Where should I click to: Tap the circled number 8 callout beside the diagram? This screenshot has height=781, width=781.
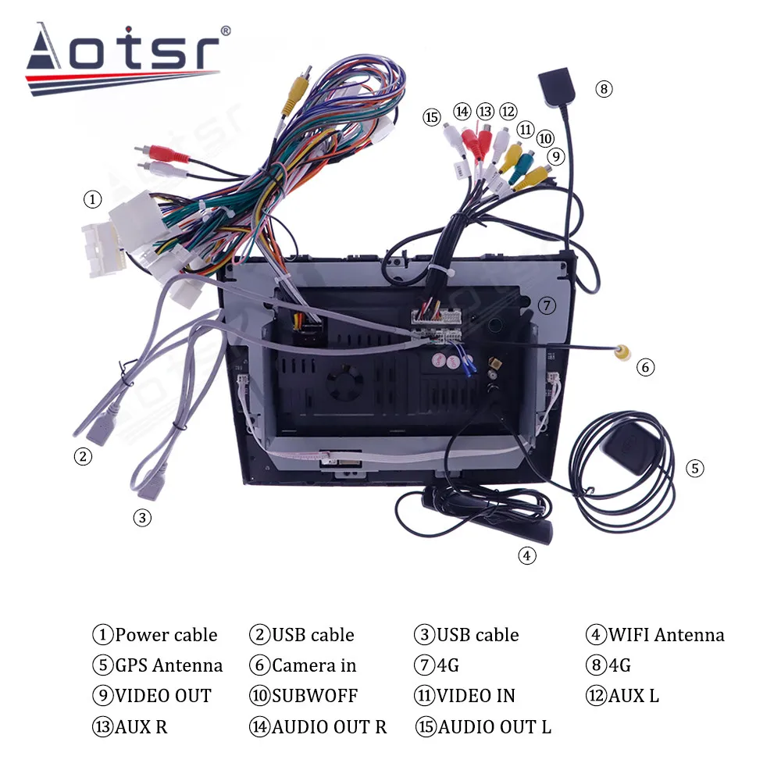click(604, 88)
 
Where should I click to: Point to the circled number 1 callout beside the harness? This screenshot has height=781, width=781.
click(93, 200)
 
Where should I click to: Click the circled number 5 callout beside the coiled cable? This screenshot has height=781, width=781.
click(694, 469)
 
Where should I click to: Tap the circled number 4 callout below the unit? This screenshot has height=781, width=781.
click(527, 555)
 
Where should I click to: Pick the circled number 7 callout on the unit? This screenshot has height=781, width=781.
click(547, 305)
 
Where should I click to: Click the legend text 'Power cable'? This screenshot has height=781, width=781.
click(166, 635)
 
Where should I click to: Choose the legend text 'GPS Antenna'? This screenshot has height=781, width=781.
click(169, 665)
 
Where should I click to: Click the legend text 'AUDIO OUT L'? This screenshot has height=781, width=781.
click(494, 727)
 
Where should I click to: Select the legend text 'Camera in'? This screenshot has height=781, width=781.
click(314, 665)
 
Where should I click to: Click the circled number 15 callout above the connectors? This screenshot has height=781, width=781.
click(432, 117)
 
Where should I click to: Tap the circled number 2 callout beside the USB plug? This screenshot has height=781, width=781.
click(83, 457)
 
